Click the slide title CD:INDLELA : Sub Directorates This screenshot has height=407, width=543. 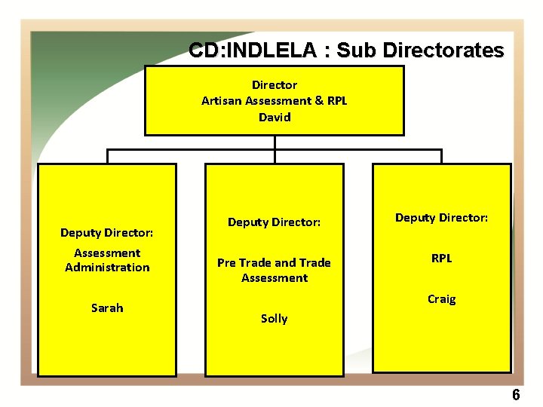[x=346, y=50]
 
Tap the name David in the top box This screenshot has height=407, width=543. [x=274, y=117]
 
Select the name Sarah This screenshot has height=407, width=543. [x=107, y=308]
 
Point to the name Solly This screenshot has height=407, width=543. [x=274, y=318]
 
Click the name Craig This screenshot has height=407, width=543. [x=441, y=299]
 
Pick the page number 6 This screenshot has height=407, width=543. [x=516, y=395]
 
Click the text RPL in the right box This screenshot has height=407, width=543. [x=441, y=258]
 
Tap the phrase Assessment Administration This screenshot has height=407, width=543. [x=107, y=260]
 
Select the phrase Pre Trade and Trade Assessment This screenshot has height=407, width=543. [x=274, y=270]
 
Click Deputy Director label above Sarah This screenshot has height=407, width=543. [x=107, y=233]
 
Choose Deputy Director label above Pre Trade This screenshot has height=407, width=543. [x=274, y=222]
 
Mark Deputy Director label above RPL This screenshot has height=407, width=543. [x=441, y=218]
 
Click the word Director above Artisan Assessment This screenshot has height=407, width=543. [x=274, y=85]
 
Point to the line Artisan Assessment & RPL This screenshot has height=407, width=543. [x=274, y=100]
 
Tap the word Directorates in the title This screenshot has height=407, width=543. [x=443, y=50]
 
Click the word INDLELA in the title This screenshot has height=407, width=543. [x=275, y=50]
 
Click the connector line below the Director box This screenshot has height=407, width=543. [x=275, y=142]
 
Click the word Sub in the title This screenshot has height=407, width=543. [x=357, y=50]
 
